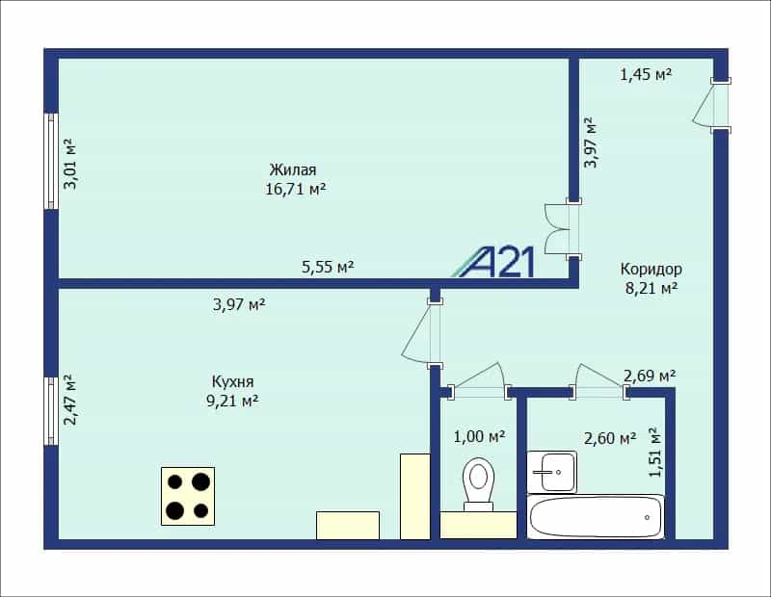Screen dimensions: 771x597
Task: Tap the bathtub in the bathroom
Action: [596, 517]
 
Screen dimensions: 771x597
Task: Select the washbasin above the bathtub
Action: [551, 472]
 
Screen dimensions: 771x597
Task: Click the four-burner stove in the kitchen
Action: [188, 496]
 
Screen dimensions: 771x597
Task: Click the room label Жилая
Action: [293, 170]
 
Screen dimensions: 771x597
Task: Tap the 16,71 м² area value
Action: [296, 189]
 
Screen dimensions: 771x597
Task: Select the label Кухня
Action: [232, 381]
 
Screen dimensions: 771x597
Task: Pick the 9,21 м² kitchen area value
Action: [232, 401]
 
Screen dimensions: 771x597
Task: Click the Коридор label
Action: [651, 270]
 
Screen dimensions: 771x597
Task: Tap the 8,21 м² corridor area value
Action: [651, 288]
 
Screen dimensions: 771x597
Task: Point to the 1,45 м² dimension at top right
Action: [646, 75]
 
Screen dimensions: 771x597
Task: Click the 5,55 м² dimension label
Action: [328, 268]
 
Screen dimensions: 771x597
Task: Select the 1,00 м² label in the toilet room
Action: [479, 436]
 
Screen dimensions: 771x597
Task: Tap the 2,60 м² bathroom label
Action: [610, 438]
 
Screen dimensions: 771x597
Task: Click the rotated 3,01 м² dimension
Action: [69, 164]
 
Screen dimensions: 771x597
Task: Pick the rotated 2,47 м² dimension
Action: [69, 400]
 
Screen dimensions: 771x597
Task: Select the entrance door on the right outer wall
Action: [711, 105]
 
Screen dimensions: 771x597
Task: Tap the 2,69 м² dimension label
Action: [650, 376]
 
